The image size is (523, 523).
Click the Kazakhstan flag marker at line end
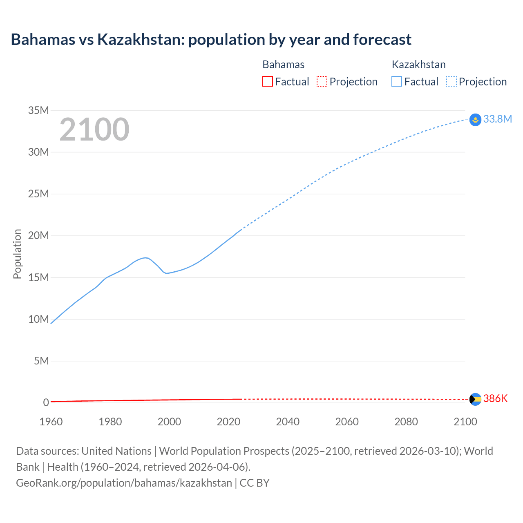(475, 120)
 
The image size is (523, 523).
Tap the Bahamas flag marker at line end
(475, 399)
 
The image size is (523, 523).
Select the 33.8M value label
(497, 119)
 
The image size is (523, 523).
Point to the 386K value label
(495, 398)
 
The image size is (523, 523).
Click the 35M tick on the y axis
(38, 110)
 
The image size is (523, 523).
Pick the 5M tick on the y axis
(41, 361)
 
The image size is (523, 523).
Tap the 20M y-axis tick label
(38, 235)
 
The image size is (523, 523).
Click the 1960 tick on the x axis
(51, 422)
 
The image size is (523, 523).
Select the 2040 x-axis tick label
(288, 422)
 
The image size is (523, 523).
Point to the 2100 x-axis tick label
(465, 422)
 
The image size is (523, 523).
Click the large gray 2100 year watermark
(94, 130)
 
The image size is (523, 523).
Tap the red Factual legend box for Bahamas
(268, 82)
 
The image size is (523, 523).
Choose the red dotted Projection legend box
(322, 82)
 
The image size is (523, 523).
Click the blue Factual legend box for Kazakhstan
(397, 82)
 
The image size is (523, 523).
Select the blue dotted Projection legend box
(451, 82)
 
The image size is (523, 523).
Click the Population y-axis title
(17, 254)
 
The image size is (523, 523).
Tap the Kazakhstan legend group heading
(418, 65)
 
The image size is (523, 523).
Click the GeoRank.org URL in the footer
(124, 483)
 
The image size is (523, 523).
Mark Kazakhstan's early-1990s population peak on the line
(145, 257)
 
